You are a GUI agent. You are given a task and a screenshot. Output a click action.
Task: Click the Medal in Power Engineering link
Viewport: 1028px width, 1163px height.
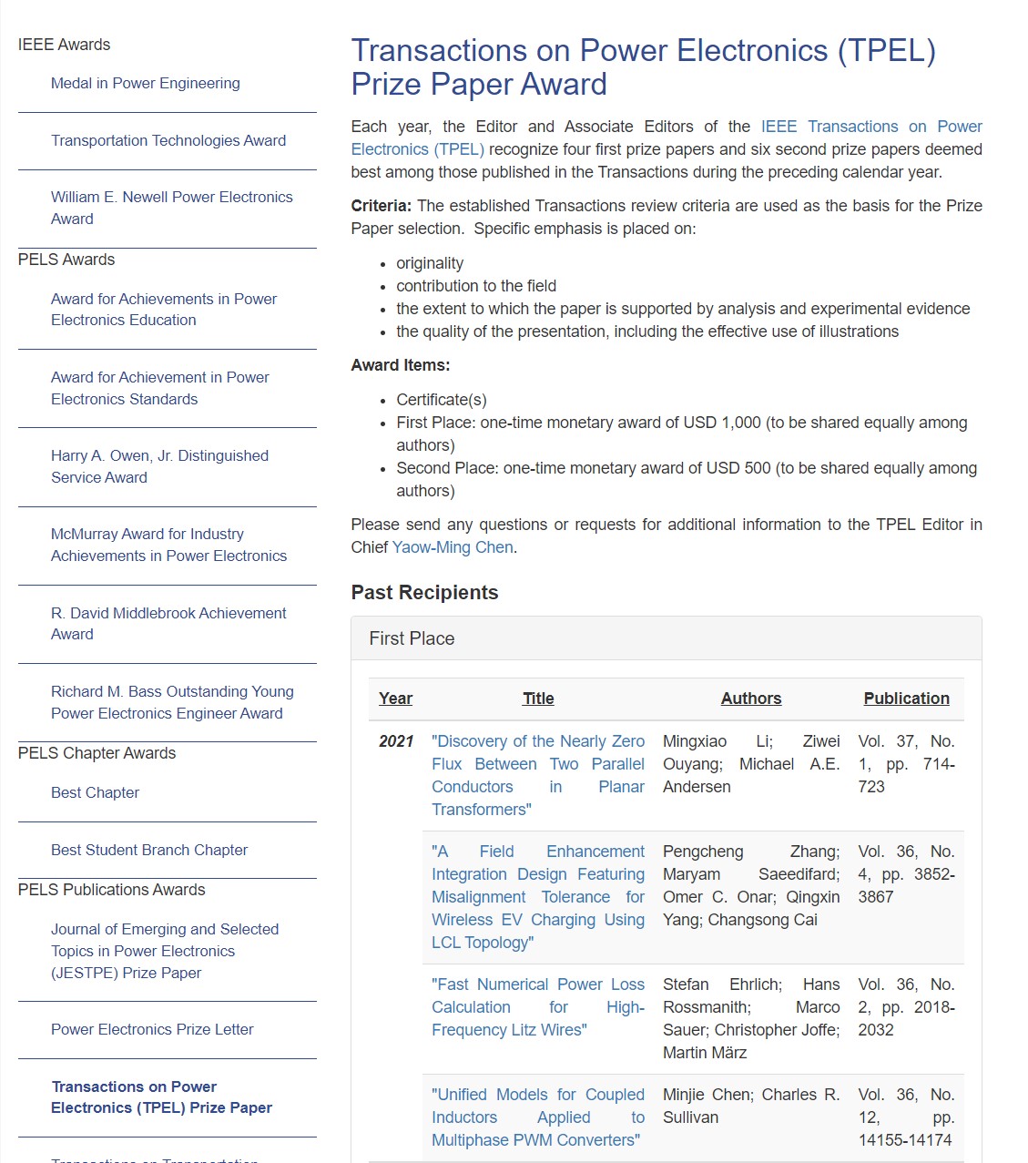(x=146, y=83)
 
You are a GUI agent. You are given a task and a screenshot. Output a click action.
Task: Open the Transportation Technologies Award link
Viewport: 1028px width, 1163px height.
(x=168, y=140)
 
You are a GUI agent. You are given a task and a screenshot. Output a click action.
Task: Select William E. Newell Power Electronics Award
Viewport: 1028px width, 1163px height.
(x=171, y=208)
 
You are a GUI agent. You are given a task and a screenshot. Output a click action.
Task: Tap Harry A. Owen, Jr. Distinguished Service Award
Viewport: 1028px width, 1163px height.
(x=159, y=466)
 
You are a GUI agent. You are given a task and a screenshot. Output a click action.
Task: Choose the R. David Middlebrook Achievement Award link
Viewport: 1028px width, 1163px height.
(x=168, y=624)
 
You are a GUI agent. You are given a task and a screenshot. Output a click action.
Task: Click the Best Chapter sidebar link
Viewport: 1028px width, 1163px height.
(x=95, y=792)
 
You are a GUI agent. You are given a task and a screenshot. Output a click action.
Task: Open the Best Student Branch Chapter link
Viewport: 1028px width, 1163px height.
(x=149, y=850)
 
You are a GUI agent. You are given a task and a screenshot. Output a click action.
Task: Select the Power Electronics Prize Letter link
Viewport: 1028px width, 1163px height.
(x=152, y=1029)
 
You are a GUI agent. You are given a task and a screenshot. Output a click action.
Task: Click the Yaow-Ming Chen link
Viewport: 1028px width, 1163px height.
(x=453, y=547)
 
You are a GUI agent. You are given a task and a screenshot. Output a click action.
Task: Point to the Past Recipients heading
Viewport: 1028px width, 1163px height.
(x=424, y=593)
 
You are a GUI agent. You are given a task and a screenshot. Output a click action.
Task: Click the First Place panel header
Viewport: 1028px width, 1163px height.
(x=412, y=638)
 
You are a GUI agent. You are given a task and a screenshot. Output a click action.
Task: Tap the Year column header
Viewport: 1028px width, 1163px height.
(x=395, y=699)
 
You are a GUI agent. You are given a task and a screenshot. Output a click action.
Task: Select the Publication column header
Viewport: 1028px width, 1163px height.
(x=906, y=699)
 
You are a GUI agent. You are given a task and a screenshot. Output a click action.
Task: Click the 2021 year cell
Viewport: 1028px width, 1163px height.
(x=396, y=741)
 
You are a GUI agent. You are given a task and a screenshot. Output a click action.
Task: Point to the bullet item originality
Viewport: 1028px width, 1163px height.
(x=430, y=263)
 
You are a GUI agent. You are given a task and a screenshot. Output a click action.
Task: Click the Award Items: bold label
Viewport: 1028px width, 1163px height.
(x=401, y=365)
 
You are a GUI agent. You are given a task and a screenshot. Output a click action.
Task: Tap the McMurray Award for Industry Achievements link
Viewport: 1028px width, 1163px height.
(x=168, y=545)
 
